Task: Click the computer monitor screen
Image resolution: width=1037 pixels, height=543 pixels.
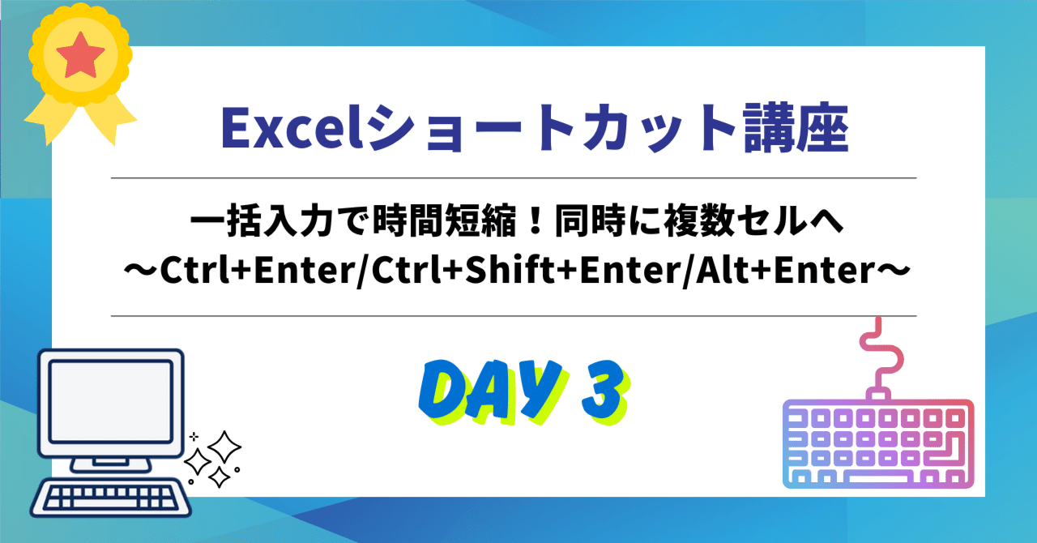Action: tap(110, 397)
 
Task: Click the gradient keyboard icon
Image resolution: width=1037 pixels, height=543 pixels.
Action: tap(878, 445)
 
